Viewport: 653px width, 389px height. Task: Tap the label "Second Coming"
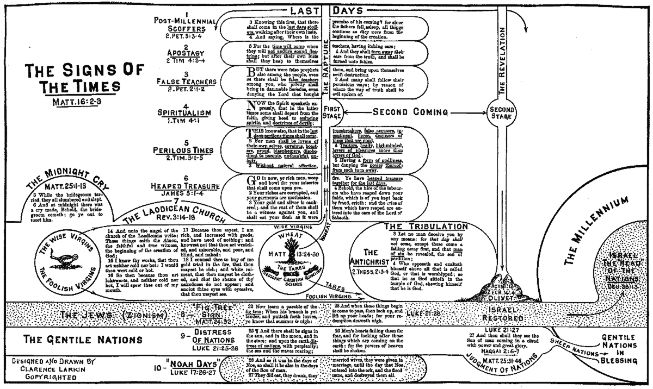[411, 112]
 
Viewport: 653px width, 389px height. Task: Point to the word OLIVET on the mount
[504, 297]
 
